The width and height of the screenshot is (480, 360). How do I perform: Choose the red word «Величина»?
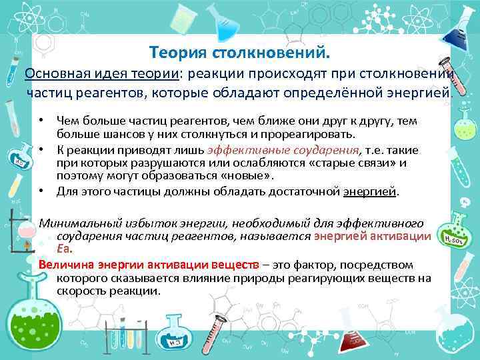click(x=67, y=264)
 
